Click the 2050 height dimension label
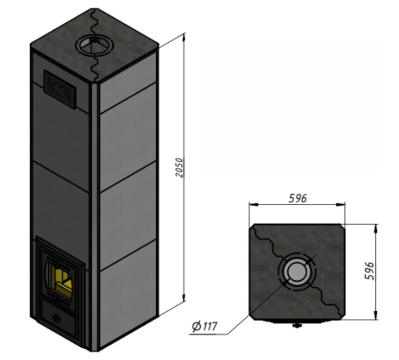point(180,167)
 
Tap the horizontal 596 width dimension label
point(298,198)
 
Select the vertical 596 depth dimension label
point(370,271)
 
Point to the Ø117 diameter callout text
point(205,326)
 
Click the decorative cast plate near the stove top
point(60,89)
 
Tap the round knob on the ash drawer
point(56,318)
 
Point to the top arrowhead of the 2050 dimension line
point(184,37)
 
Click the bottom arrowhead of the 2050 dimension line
point(184,297)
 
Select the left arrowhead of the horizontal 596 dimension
point(254,204)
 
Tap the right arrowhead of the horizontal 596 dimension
point(341,204)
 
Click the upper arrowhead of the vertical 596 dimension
point(376,229)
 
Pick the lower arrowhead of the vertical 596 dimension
point(376,315)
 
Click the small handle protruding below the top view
point(296,325)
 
